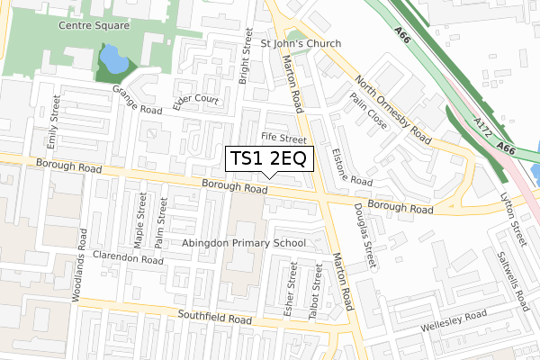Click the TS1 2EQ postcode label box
(x=269, y=158)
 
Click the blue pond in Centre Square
(x=114, y=61)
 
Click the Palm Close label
(x=369, y=111)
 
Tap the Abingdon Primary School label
(x=243, y=243)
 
